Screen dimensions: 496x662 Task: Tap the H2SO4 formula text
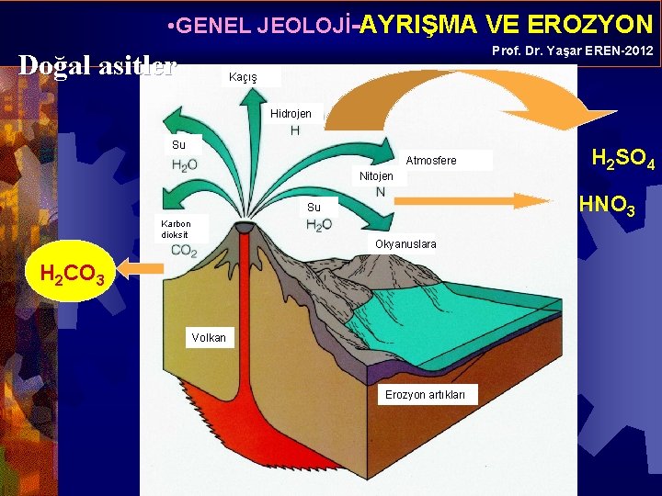[x=622, y=160]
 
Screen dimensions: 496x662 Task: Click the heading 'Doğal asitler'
[x=97, y=65]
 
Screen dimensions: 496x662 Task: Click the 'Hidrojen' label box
[x=291, y=115]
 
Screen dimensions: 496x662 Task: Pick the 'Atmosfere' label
[x=430, y=162]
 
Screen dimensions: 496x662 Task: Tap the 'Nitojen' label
[x=376, y=176]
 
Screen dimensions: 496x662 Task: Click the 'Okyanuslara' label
[x=405, y=244]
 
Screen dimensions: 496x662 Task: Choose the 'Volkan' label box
[x=209, y=338]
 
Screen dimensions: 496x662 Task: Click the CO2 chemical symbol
[x=184, y=251]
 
